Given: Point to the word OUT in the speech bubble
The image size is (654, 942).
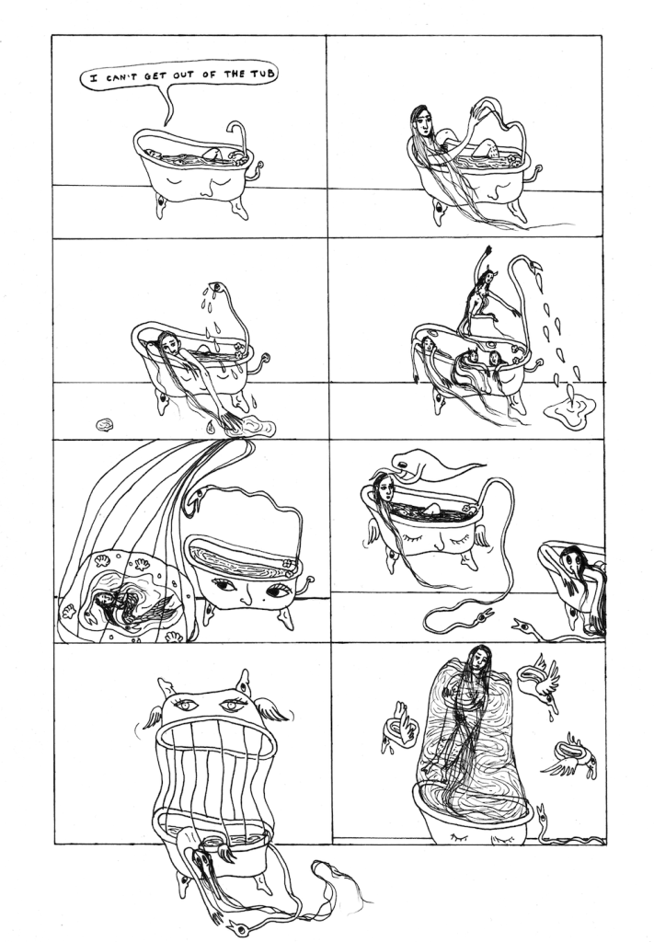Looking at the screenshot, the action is [x=180, y=76].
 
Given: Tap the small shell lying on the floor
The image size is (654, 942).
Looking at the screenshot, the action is [x=105, y=425].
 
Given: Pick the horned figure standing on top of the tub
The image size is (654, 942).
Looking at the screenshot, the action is [x=484, y=294].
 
